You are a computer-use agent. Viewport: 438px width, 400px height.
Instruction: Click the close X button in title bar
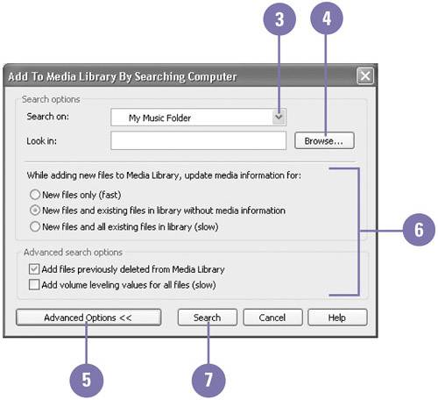click(365, 76)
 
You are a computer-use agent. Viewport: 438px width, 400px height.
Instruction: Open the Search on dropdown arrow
click(279, 118)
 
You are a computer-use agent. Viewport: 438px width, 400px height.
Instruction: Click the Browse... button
click(324, 140)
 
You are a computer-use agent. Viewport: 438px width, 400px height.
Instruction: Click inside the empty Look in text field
click(198, 140)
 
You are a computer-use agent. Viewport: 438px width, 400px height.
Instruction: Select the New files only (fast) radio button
click(35, 195)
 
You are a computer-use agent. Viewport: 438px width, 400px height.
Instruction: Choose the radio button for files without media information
click(35, 211)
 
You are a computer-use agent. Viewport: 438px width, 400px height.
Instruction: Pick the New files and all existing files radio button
click(35, 226)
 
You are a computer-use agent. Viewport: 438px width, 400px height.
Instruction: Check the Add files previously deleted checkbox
click(34, 269)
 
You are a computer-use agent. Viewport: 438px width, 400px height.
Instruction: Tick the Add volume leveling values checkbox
click(34, 284)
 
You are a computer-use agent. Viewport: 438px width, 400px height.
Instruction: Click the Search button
click(208, 318)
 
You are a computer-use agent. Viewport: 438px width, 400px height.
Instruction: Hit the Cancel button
click(272, 318)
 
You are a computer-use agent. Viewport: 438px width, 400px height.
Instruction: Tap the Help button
click(337, 318)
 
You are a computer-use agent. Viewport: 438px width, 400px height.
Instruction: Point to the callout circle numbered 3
click(279, 19)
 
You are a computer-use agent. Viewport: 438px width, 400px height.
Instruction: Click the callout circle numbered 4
click(327, 18)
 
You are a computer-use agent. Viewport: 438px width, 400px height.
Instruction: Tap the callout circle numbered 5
click(87, 380)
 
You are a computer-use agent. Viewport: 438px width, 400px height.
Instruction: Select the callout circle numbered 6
click(419, 230)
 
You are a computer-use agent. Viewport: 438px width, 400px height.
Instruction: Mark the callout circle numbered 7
click(208, 380)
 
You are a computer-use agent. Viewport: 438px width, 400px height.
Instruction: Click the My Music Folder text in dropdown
click(159, 118)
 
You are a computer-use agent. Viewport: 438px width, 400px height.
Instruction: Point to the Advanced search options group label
click(73, 253)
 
